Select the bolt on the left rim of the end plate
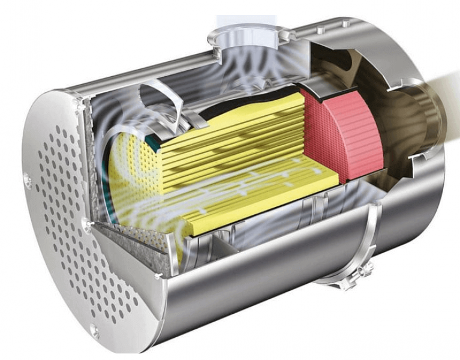click(28, 177)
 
